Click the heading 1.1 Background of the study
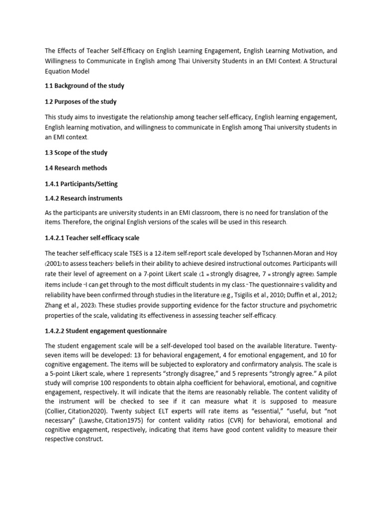84,85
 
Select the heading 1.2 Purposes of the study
81,101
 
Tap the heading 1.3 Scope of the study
76,153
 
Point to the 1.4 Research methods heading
76,168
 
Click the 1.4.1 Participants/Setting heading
81,183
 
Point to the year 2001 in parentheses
54,263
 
